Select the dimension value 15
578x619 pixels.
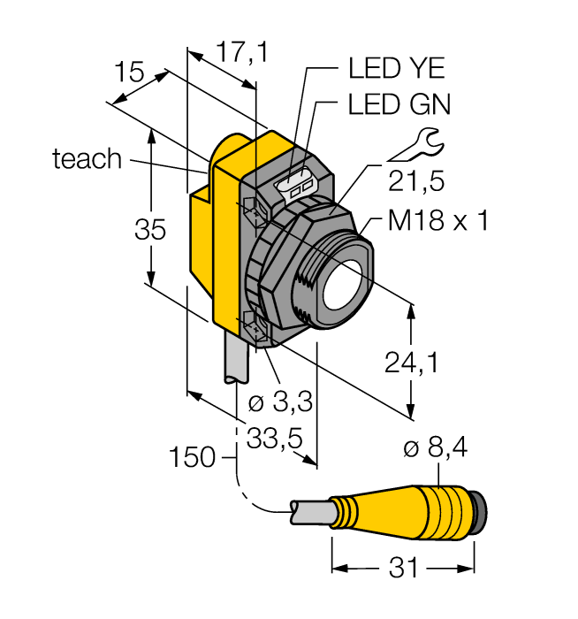[x=129, y=73]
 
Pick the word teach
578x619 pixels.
[x=87, y=159]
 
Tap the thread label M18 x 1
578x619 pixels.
[x=438, y=220]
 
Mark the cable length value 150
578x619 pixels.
[x=193, y=457]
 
